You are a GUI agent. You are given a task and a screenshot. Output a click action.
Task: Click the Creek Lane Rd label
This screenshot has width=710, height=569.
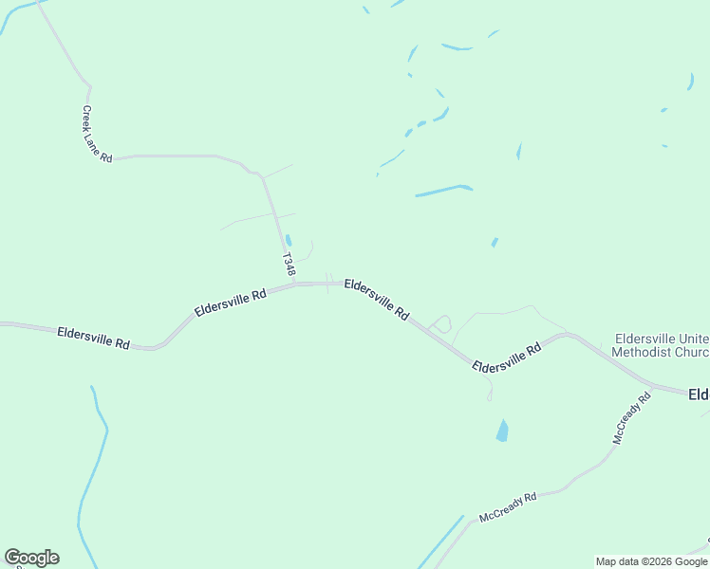pos(97,135)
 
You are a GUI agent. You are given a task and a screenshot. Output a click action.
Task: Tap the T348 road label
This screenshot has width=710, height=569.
pos(288,265)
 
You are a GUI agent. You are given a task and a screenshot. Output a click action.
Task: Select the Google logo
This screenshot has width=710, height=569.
pos(31,558)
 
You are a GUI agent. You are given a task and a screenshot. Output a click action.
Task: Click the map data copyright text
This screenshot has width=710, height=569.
pos(652,561)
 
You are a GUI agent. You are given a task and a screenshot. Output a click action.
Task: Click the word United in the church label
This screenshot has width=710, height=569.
pos(695,338)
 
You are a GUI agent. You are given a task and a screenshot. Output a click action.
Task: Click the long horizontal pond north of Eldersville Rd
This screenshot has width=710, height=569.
pos(443,191)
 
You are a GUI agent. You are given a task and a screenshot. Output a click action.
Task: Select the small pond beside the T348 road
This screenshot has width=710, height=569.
pos(289,241)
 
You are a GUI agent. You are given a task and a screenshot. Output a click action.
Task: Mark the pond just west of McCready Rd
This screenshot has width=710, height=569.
pos(502,431)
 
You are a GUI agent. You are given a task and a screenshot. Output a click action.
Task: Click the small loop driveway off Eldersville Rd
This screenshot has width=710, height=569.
pos(440,323)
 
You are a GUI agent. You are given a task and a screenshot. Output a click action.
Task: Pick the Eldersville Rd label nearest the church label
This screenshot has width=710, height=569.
pos(506,357)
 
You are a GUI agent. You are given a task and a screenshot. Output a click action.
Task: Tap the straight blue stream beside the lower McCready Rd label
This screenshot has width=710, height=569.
pos(439,543)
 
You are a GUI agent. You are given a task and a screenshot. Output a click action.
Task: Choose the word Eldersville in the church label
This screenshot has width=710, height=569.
pos(644,338)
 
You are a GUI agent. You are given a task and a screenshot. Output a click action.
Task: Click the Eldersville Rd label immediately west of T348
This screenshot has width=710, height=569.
pos(230,303)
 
